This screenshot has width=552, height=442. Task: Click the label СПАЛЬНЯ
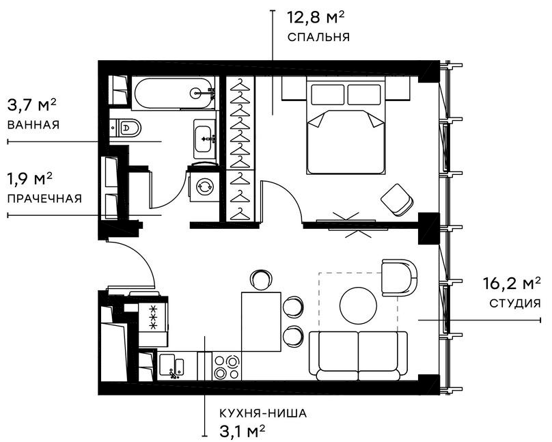pyautogui.click(x=318, y=38)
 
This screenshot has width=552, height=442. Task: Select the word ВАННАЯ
pyautogui.click(x=33, y=125)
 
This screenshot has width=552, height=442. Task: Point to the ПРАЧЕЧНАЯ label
pyautogui.click(x=44, y=199)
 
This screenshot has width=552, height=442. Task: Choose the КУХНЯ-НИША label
pyautogui.click(x=264, y=413)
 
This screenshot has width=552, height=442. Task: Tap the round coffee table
pyautogui.click(x=358, y=303)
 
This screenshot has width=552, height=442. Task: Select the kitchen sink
pyautogui.click(x=172, y=366)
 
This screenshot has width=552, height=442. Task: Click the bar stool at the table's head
pyautogui.click(x=261, y=279)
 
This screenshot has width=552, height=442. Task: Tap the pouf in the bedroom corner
pyautogui.click(x=397, y=199)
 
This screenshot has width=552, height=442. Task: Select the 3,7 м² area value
pyautogui.click(x=31, y=106)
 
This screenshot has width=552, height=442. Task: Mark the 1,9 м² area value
pyautogui.click(x=30, y=180)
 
